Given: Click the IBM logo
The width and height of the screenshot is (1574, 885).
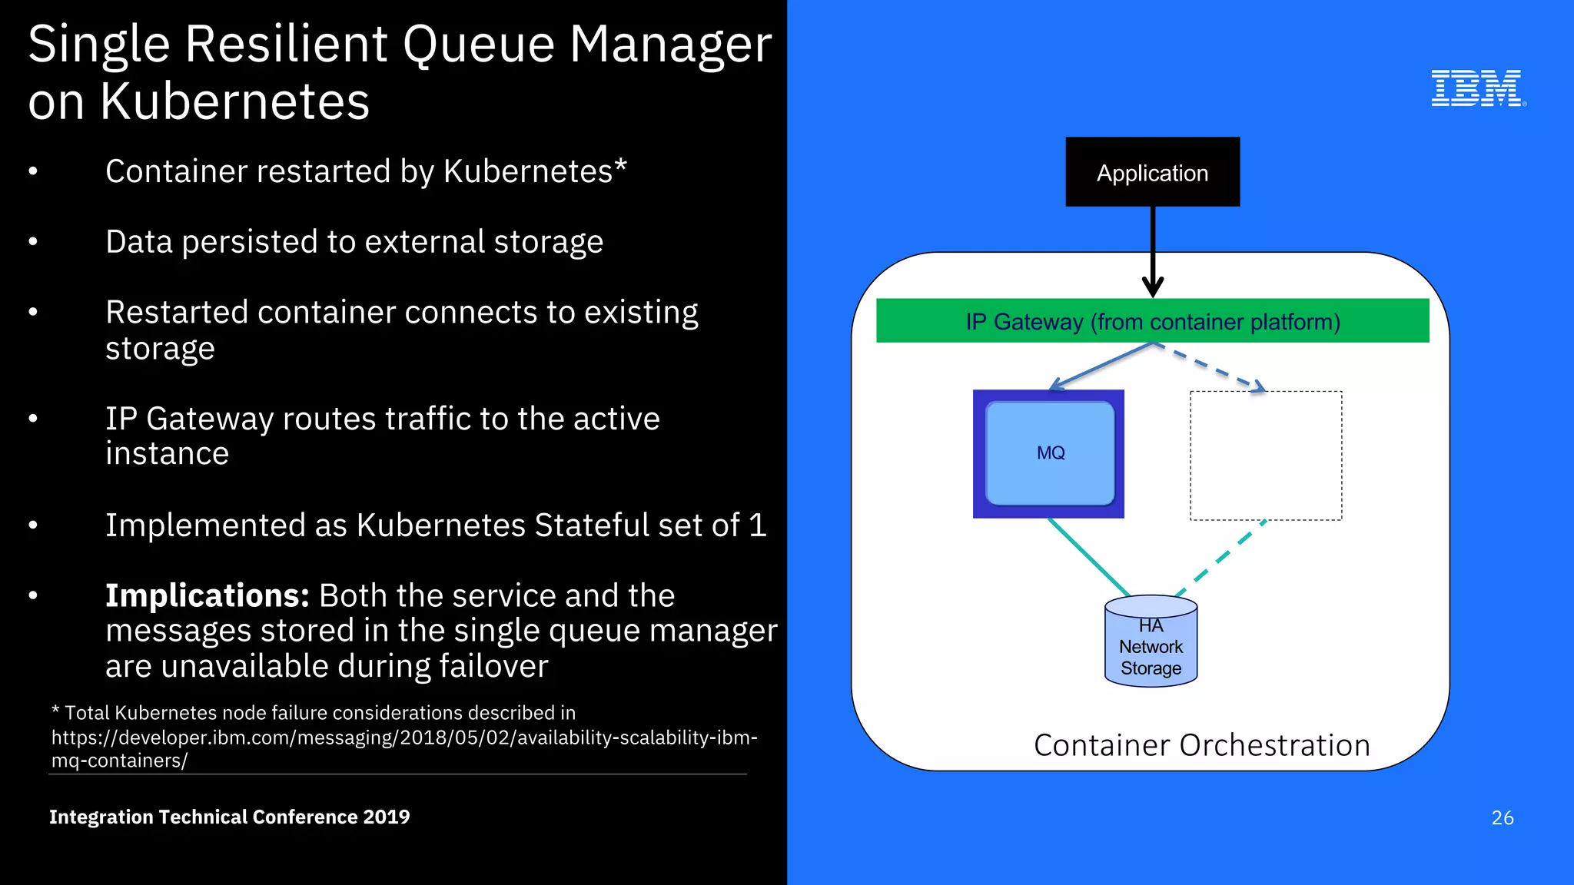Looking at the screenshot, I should (x=1477, y=88).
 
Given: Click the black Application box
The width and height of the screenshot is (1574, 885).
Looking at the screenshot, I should (x=1152, y=172).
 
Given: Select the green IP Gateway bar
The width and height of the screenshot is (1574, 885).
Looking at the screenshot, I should (x=1152, y=321).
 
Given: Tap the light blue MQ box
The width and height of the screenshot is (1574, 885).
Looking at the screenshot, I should (x=1050, y=453).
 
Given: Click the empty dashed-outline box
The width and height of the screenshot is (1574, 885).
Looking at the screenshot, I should (x=1266, y=456).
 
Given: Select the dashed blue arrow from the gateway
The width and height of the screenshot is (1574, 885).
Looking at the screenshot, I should (x=1210, y=367).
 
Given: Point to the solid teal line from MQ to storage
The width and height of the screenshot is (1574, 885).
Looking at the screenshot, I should (x=1089, y=557).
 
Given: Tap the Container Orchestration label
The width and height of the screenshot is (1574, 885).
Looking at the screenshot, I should (x=1201, y=745).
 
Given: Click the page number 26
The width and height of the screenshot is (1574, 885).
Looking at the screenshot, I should (x=1502, y=817).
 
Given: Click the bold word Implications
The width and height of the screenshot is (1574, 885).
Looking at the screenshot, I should (x=207, y=596).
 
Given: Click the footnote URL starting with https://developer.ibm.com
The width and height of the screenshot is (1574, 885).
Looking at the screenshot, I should (x=403, y=737).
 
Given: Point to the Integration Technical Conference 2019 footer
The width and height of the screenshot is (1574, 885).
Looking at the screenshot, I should (x=229, y=817).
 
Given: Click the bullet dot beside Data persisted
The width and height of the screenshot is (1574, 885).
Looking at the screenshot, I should (x=33, y=242).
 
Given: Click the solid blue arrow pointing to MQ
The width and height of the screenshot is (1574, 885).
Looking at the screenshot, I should (x=1101, y=366).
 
